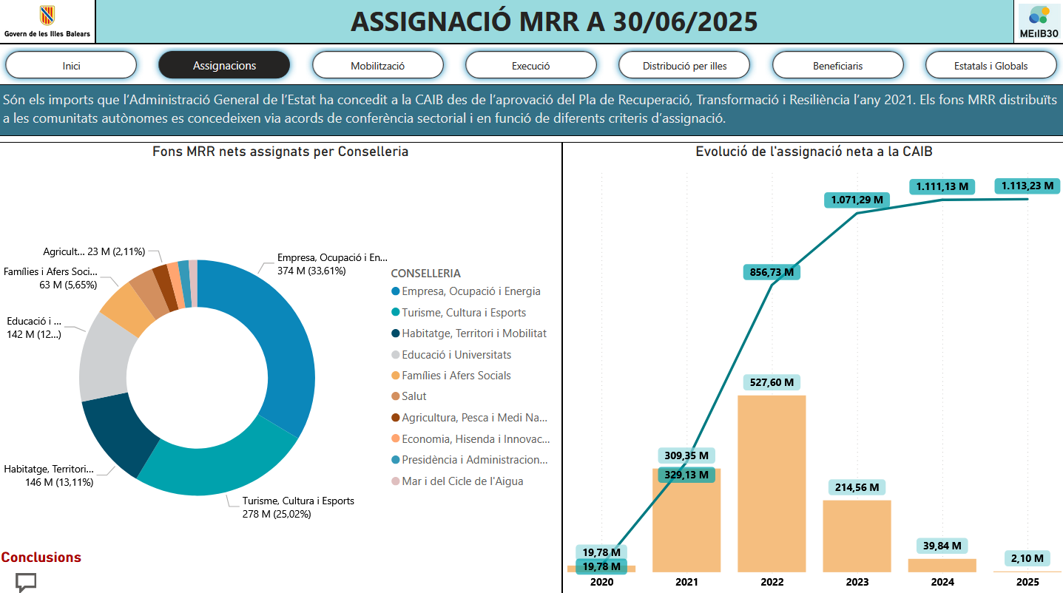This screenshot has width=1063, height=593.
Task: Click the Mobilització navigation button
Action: pyautogui.click(x=377, y=66)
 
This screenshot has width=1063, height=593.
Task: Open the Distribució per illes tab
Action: pyautogui.click(x=684, y=66)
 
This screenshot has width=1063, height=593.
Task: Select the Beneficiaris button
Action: pyautogui.click(x=837, y=66)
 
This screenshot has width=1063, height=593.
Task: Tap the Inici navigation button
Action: pyautogui.click(x=71, y=66)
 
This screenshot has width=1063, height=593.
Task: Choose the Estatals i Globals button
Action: pyautogui.click(x=991, y=66)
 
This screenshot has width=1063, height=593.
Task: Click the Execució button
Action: pyautogui.click(x=530, y=66)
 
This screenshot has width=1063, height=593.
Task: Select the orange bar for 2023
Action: pyautogui.click(x=857, y=536)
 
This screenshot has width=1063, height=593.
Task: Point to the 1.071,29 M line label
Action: pyautogui.click(x=857, y=200)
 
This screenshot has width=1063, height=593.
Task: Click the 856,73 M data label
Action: pyautogui.click(x=772, y=272)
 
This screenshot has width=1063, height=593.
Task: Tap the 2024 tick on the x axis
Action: pyautogui.click(x=942, y=582)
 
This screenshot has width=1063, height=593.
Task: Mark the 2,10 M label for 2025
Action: pyautogui.click(x=1027, y=558)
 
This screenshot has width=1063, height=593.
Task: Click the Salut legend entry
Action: pyautogui.click(x=414, y=396)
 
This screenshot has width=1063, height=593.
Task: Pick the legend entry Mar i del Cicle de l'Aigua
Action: pyautogui.click(x=462, y=481)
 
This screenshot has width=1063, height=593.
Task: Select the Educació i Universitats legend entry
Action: pyautogui.click(x=456, y=355)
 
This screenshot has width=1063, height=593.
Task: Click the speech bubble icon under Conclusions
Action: pyautogui.click(x=26, y=582)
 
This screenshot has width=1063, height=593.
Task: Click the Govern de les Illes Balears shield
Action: pyautogui.click(x=47, y=16)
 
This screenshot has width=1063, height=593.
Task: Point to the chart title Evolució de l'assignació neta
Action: pyautogui.click(x=814, y=152)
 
